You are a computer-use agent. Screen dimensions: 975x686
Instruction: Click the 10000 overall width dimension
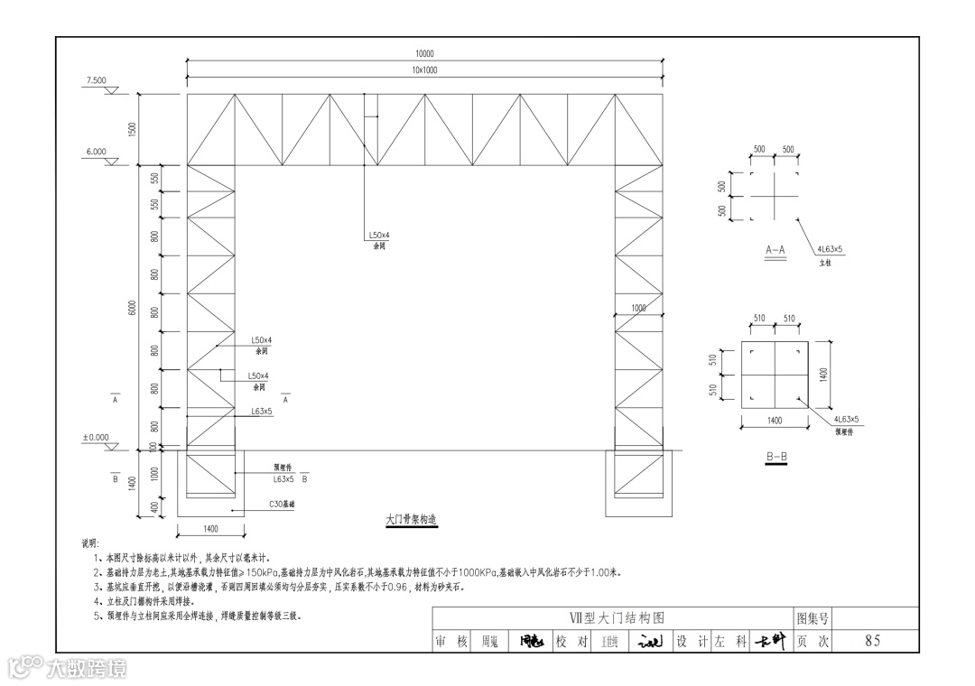[424, 54]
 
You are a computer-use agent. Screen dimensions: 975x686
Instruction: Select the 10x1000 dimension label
[424, 70]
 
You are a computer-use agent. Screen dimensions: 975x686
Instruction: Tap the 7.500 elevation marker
[96, 81]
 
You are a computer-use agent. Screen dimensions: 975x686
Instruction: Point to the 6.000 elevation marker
[96, 153]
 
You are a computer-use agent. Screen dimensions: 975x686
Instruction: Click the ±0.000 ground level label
[95, 438]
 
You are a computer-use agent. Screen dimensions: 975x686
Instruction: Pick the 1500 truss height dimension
[132, 129]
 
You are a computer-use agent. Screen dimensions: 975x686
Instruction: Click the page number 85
[872, 641]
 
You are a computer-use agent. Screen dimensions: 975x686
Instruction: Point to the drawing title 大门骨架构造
[411, 520]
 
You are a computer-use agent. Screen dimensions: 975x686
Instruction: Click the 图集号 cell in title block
[812, 618]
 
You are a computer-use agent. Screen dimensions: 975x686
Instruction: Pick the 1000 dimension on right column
[638, 309]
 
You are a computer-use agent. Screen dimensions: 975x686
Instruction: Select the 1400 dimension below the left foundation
[211, 527]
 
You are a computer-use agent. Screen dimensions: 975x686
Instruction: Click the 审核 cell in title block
[451, 641]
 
